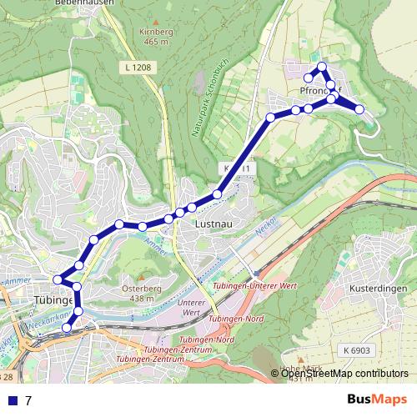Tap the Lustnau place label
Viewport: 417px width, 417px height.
pyautogui.click(x=211, y=224)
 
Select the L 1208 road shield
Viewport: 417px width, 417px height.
pyautogui.click(x=138, y=65)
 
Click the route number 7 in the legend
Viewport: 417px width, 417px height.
pyautogui.click(x=28, y=400)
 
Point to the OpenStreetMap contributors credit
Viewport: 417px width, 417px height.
pyautogui.click(x=344, y=374)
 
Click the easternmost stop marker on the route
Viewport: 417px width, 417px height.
pyautogui.click(x=359, y=109)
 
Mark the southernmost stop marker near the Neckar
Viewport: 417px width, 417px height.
pyautogui.click(x=68, y=329)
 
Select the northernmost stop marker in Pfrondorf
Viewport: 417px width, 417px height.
pyautogui.click(x=323, y=67)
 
